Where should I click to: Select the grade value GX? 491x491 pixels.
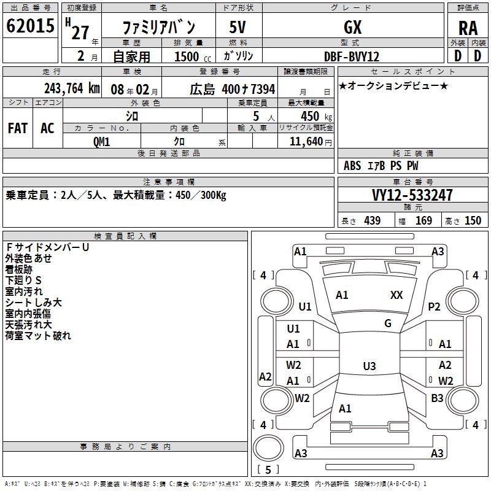click(x=352, y=27)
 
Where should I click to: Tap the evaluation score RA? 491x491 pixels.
click(x=468, y=28)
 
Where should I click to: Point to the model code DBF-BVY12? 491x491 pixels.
click(x=352, y=56)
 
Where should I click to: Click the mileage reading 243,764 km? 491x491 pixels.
click(x=72, y=88)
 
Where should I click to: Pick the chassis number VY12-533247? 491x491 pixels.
click(x=412, y=195)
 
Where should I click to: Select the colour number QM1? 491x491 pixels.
click(x=101, y=141)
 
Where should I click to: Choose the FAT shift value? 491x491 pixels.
click(x=17, y=128)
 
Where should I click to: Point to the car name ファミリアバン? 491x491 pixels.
click(x=159, y=28)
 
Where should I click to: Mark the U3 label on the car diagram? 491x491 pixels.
click(x=369, y=366)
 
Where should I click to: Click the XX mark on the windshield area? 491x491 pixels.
click(x=396, y=295)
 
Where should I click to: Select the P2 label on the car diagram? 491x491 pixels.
click(x=435, y=307)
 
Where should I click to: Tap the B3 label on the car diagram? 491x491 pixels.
click(x=437, y=398)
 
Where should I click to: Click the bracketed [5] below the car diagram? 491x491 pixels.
click(x=268, y=470)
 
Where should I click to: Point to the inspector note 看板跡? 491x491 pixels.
click(x=19, y=269)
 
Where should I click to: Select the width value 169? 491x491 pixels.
click(x=423, y=220)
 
